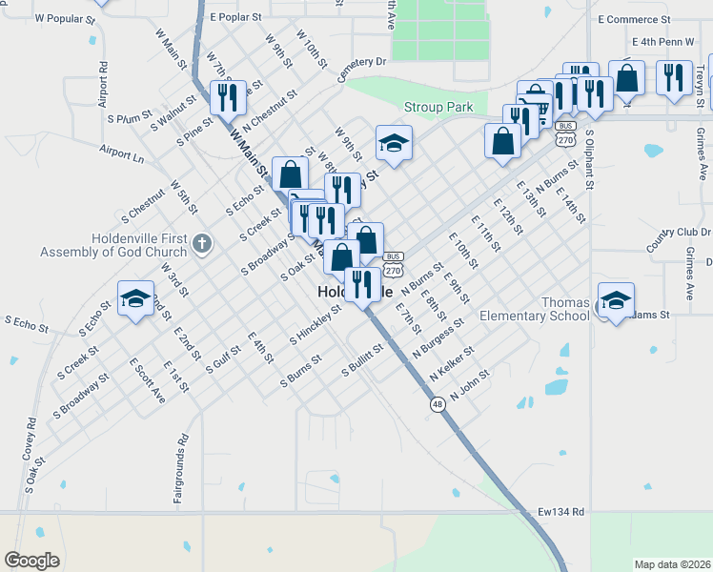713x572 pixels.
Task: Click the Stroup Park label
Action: coord(438,108)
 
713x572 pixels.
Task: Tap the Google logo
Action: coord(32,561)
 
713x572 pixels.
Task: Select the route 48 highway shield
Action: coord(437,405)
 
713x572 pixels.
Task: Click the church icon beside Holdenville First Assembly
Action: coord(200,242)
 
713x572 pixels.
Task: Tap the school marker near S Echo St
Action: coord(135,297)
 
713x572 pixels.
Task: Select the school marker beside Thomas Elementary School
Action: coord(616,300)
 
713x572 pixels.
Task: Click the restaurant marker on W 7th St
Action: coord(228,97)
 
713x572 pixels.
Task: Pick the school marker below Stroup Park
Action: coord(394,143)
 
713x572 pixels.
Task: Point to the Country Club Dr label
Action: coord(678,238)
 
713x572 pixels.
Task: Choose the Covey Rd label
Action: coord(31,435)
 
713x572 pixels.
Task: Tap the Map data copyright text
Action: coord(671,563)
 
